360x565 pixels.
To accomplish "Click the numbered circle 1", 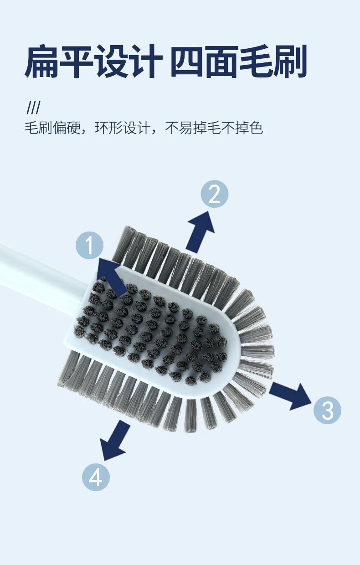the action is point(90,245).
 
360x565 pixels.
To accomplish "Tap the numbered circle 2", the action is point(215,194).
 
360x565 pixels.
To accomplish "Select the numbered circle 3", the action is point(327,410).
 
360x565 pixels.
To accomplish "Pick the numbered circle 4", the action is point(96,477).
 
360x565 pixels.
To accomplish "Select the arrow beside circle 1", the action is point(111,277).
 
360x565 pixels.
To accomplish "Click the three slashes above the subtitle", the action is point(33,108).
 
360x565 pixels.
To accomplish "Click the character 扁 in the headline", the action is point(41,62).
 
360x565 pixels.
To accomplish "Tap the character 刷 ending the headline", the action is point(290,61).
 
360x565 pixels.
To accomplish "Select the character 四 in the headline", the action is point(187,62).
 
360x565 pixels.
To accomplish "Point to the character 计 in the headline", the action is point(144,62).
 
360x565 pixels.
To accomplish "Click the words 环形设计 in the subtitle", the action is point(123,128).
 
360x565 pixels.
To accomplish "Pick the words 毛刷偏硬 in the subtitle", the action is point(52,128).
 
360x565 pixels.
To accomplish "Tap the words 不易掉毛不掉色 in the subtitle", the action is point(214,128).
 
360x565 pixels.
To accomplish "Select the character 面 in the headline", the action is point(221,62).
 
